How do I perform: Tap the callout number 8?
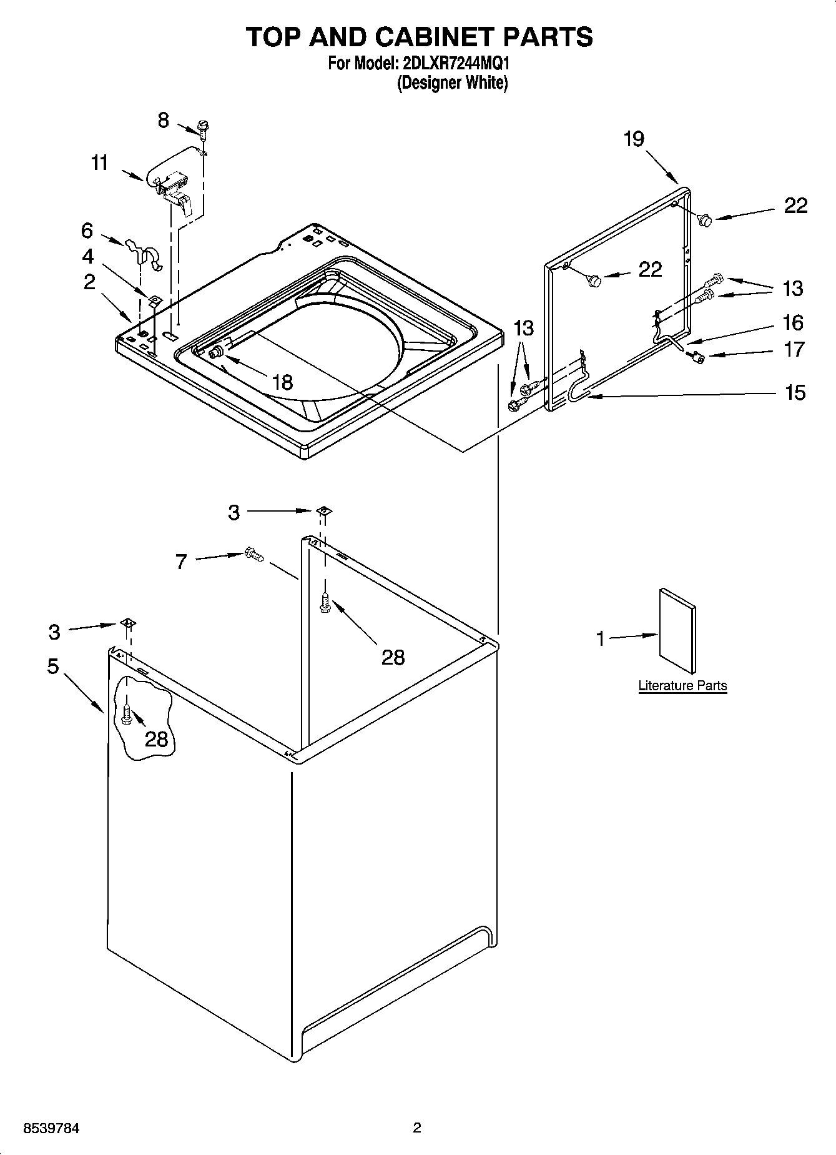[x=164, y=120]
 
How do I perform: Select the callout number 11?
[x=100, y=163]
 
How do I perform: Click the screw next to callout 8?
[x=203, y=127]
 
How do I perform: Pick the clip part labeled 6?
[x=144, y=254]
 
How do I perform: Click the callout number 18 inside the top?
[x=282, y=382]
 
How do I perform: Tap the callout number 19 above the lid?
[x=634, y=138]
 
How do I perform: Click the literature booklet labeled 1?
[x=677, y=632]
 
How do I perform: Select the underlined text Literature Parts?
[x=682, y=685]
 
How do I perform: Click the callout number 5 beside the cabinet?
[x=53, y=667]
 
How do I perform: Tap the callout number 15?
[x=795, y=392]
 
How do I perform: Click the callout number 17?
[x=794, y=349]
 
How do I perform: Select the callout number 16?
[x=793, y=323]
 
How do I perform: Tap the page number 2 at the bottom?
[x=417, y=1128]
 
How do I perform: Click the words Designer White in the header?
[x=453, y=82]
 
